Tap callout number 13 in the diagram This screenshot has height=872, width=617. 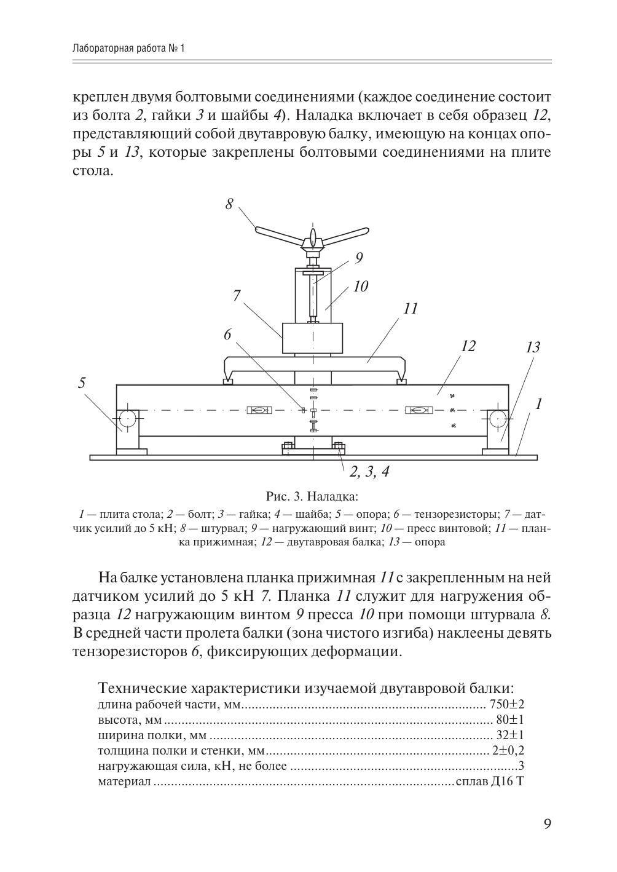tap(532, 347)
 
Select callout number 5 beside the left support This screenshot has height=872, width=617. tap(82, 383)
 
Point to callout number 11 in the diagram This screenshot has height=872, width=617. tap(410, 308)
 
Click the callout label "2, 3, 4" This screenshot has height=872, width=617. tap(369, 472)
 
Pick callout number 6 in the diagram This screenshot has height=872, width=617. tap(227, 335)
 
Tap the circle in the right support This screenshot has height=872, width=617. tap(498, 419)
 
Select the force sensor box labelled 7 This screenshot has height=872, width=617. tap(312, 338)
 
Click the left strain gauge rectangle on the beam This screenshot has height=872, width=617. tap(257, 410)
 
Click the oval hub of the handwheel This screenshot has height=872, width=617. tap(313, 237)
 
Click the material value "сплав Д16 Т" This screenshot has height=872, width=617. tap(489, 782)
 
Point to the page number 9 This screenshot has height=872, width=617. tap(547, 824)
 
